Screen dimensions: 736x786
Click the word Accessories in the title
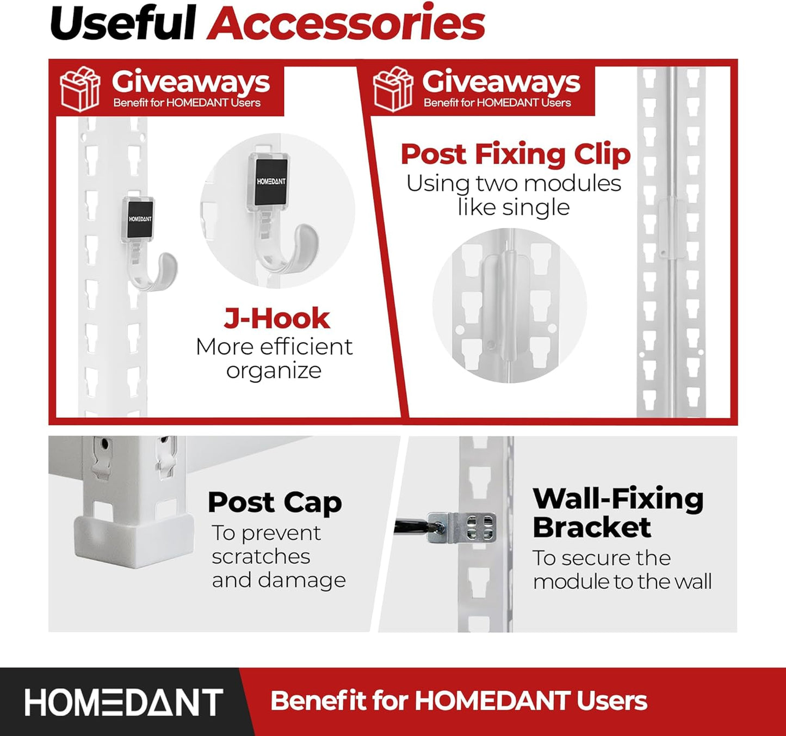coord(346,24)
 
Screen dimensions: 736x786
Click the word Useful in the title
coord(123,24)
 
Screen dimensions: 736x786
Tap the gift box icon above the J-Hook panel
coord(80,89)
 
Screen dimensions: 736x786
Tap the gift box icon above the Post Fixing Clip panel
coord(393,89)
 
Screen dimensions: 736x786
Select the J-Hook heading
coord(276,319)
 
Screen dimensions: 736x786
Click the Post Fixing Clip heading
coord(515,154)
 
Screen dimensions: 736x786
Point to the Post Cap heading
coord(275,502)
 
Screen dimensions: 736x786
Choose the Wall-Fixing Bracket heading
coord(617,512)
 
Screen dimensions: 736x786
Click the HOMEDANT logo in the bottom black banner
coord(124,702)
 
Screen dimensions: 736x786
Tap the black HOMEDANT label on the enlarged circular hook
coord(270,182)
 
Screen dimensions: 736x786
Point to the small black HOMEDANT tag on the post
coord(140,219)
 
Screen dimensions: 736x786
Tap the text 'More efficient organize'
coord(274,358)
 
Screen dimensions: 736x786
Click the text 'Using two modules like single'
coord(513,195)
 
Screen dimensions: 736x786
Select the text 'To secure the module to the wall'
coord(622,570)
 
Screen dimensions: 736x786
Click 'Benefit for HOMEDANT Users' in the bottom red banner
coord(459,701)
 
